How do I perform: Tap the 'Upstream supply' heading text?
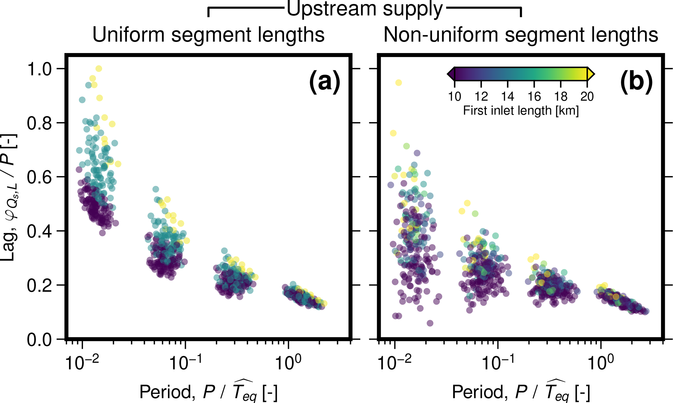(364, 9)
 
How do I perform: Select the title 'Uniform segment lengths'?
(208, 35)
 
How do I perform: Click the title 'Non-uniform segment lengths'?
(521, 35)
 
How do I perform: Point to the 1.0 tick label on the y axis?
(39, 69)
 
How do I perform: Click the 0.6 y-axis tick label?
(39, 177)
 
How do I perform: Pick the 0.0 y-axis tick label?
(39, 340)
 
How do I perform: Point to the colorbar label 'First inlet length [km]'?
(521, 111)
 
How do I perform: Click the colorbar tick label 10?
(455, 97)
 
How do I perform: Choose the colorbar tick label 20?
(587, 97)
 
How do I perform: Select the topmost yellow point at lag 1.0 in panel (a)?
(99, 69)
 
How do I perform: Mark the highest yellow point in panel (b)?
(399, 83)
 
